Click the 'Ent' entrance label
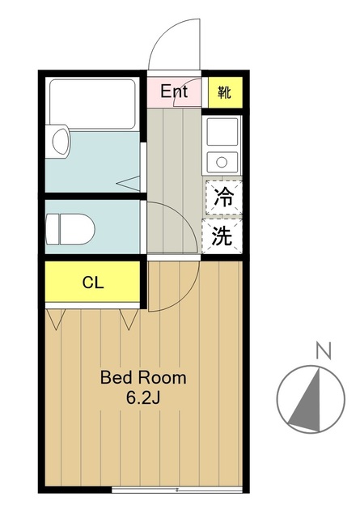[174, 91]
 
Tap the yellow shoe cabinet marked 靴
[223, 92]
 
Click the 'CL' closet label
[93, 283]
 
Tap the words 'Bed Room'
[143, 377]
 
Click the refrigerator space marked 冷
[222, 197]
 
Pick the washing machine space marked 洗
[222, 236]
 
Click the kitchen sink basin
[221, 131]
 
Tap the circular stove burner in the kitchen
[219, 160]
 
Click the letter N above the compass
[323, 351]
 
